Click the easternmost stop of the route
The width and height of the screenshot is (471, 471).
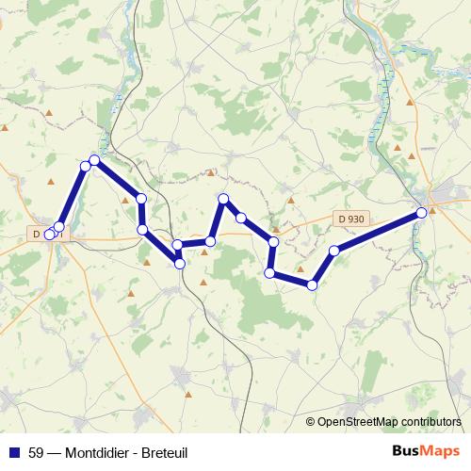[x=421, y=213]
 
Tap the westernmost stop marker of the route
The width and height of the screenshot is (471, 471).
[x=50, y=235]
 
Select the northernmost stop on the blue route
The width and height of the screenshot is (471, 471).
[x=94, y=160]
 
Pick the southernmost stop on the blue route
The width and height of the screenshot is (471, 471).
[x=312, y=284]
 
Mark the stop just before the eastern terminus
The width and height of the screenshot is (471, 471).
[x=334, y=251]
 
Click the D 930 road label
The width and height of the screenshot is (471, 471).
[x=349, y=219]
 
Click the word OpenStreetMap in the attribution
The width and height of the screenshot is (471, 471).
[x=355, y=421]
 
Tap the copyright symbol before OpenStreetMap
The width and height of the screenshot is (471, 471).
[x=311, y=421]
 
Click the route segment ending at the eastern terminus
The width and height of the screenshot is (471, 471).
[x=378, y=232]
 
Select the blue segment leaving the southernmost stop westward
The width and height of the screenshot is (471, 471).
[x=291, y=279]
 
